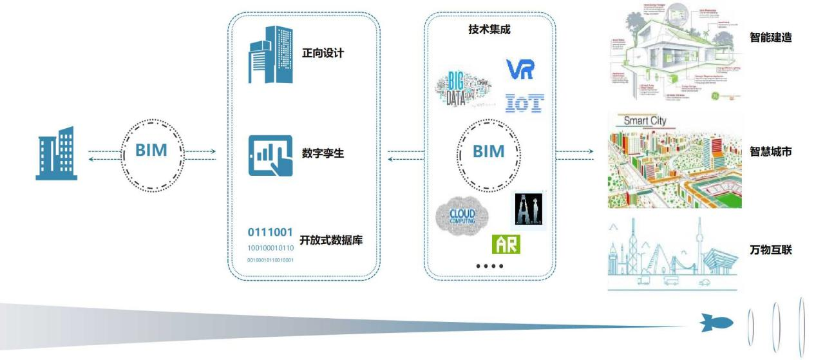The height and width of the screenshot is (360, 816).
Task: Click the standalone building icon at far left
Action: coord(57,153)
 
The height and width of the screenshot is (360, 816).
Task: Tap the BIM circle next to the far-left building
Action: coord(152,151)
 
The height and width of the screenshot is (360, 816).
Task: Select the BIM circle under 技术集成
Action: coord(489,151)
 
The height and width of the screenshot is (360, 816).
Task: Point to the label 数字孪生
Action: coord(323,154)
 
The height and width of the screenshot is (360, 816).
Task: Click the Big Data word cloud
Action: coord(464,90)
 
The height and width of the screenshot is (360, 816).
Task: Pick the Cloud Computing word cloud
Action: coord(462,214)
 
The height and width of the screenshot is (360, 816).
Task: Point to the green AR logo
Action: coord(506,243)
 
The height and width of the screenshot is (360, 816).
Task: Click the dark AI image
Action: coord(528,209)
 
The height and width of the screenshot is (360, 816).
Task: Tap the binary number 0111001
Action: coord(270,232)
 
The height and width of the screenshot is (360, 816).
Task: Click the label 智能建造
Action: coord(771,38)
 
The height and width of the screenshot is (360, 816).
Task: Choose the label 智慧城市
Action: coord(771,152)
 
